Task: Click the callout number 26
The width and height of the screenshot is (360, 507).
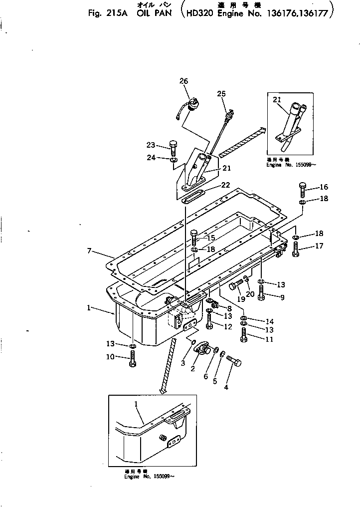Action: (183, 81)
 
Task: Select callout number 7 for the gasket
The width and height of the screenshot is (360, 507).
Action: (89, 251)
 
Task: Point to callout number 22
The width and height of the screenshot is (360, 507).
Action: (225, 185)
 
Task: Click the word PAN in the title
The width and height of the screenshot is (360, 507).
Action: (161, 14)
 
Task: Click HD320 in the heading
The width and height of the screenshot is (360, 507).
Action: (200, 14)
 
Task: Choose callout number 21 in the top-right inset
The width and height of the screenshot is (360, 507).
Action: (277, 100)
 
